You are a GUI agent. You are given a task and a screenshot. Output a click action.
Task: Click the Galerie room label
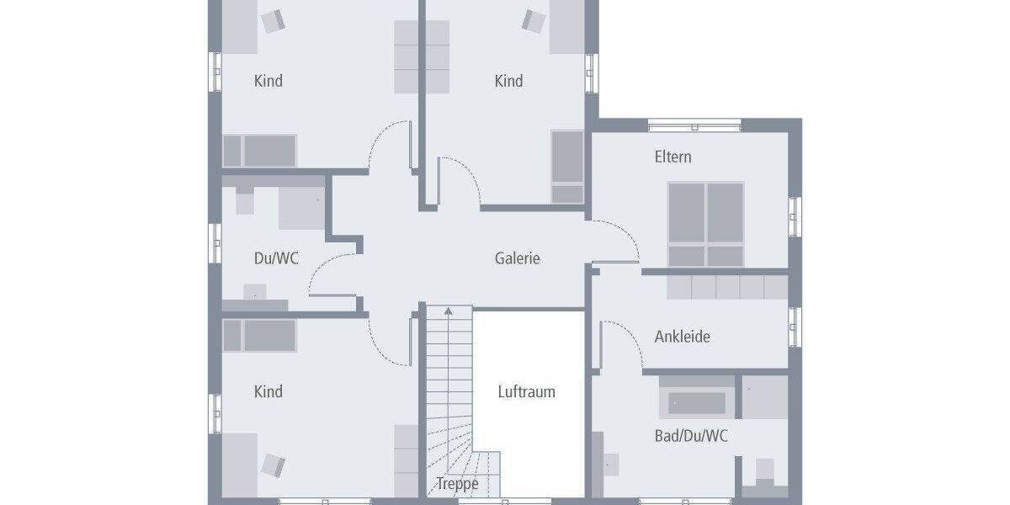(517, 258)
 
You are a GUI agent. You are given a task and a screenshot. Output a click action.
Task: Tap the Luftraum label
(526, 391)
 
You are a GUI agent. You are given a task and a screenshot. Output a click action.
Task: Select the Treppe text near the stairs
(457, 484)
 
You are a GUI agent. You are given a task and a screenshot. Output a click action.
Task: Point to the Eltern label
(673, 157)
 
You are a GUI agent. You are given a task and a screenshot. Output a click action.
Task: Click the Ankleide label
(682, 337)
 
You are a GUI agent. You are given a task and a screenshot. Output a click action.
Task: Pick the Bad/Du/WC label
(691, 436)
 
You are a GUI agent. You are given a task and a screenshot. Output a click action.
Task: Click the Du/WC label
(276, 258)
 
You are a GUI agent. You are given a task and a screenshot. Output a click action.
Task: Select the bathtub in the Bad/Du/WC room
(697, 402)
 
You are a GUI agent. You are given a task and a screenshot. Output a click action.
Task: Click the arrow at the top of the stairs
(449, 311)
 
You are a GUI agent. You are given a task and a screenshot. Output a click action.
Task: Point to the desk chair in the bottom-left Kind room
(273, 465)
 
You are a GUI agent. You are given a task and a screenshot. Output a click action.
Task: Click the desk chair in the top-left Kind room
(273, 21)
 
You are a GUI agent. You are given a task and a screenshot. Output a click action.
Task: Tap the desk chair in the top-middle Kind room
(534, 21)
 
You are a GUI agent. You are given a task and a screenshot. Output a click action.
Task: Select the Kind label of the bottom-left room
(268, 391)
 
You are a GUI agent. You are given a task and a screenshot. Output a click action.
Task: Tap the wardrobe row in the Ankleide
(727, 287)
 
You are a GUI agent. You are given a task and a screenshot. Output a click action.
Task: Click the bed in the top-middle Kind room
(567, 167)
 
